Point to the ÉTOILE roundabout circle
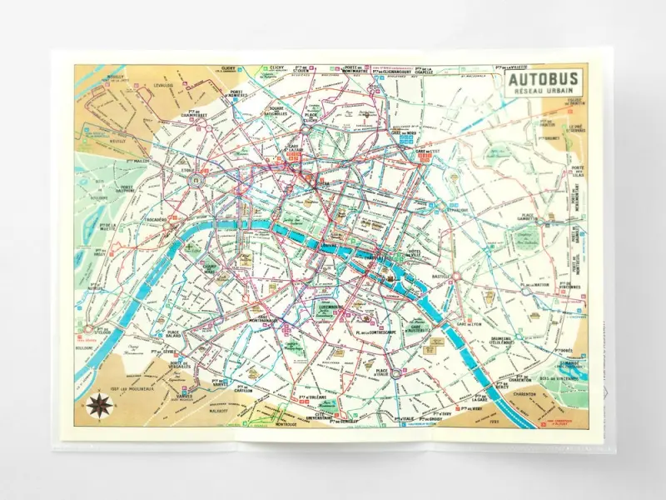[196, 179]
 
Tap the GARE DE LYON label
[469, 323]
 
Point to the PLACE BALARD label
[180, 334]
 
